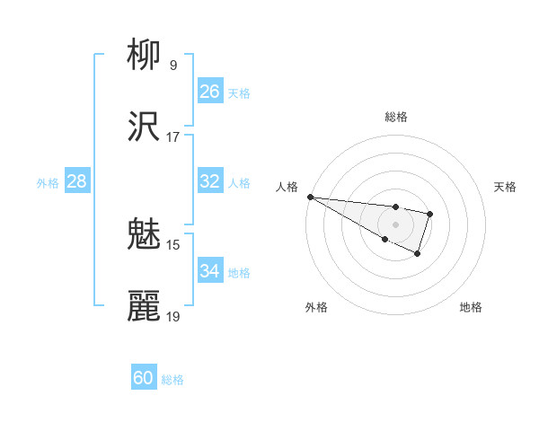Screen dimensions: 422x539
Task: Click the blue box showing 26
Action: [209, 92]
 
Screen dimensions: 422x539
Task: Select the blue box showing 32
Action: [209, 181]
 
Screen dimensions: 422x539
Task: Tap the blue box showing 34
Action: [209, 271]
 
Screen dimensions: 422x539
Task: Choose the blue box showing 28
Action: [76, 181]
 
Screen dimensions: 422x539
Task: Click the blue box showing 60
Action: [143, 378]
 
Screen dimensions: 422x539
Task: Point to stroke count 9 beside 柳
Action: [172, 65]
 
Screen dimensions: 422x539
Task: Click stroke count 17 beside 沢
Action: [172, 136]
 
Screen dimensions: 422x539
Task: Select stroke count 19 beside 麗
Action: [172, 316]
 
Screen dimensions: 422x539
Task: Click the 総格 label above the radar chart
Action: [396, 117]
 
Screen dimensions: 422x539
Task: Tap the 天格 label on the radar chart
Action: [505, 187]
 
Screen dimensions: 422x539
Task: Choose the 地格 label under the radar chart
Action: [471, 307]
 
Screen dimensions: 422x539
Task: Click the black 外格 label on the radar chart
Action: [316, 307]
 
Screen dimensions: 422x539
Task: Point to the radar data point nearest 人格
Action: [310, 197]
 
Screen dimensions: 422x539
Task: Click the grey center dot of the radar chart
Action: [395, 224]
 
